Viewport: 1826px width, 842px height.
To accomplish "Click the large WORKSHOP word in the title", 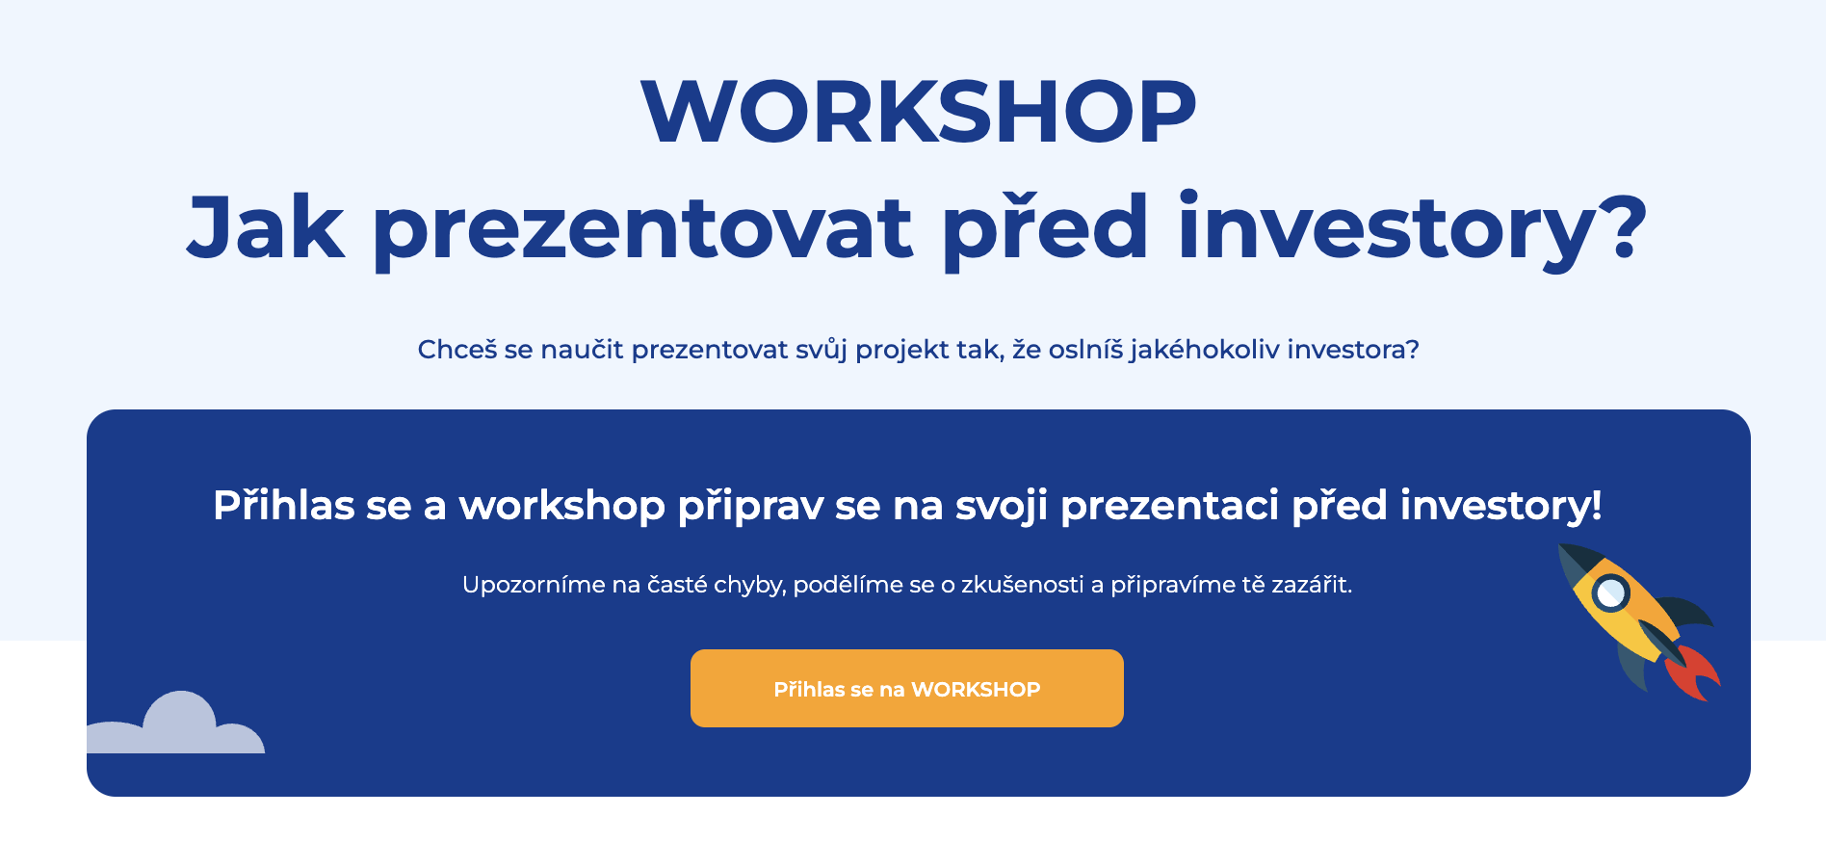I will coord(918,112).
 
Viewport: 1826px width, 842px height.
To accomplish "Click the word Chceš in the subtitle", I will coord(457,349).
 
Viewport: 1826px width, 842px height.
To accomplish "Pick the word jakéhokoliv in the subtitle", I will coord(1204,349).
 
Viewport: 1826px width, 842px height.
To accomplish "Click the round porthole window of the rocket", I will coord(1609,593).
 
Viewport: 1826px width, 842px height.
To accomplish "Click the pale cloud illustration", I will coord(178,726).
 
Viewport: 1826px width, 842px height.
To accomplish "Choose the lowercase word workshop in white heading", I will coord(561,506).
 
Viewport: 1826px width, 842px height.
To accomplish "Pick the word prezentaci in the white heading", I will coord(1169,506).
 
